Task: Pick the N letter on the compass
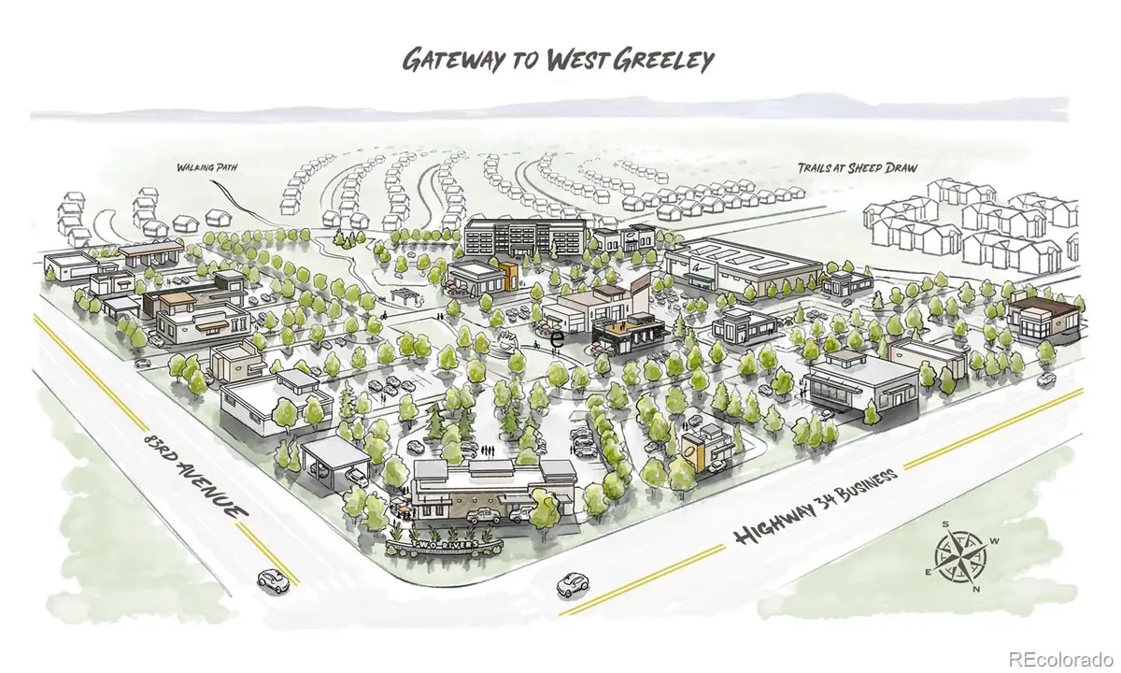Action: (975, 589)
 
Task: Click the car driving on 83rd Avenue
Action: (272, 579)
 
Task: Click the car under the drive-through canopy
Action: (354, 476)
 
